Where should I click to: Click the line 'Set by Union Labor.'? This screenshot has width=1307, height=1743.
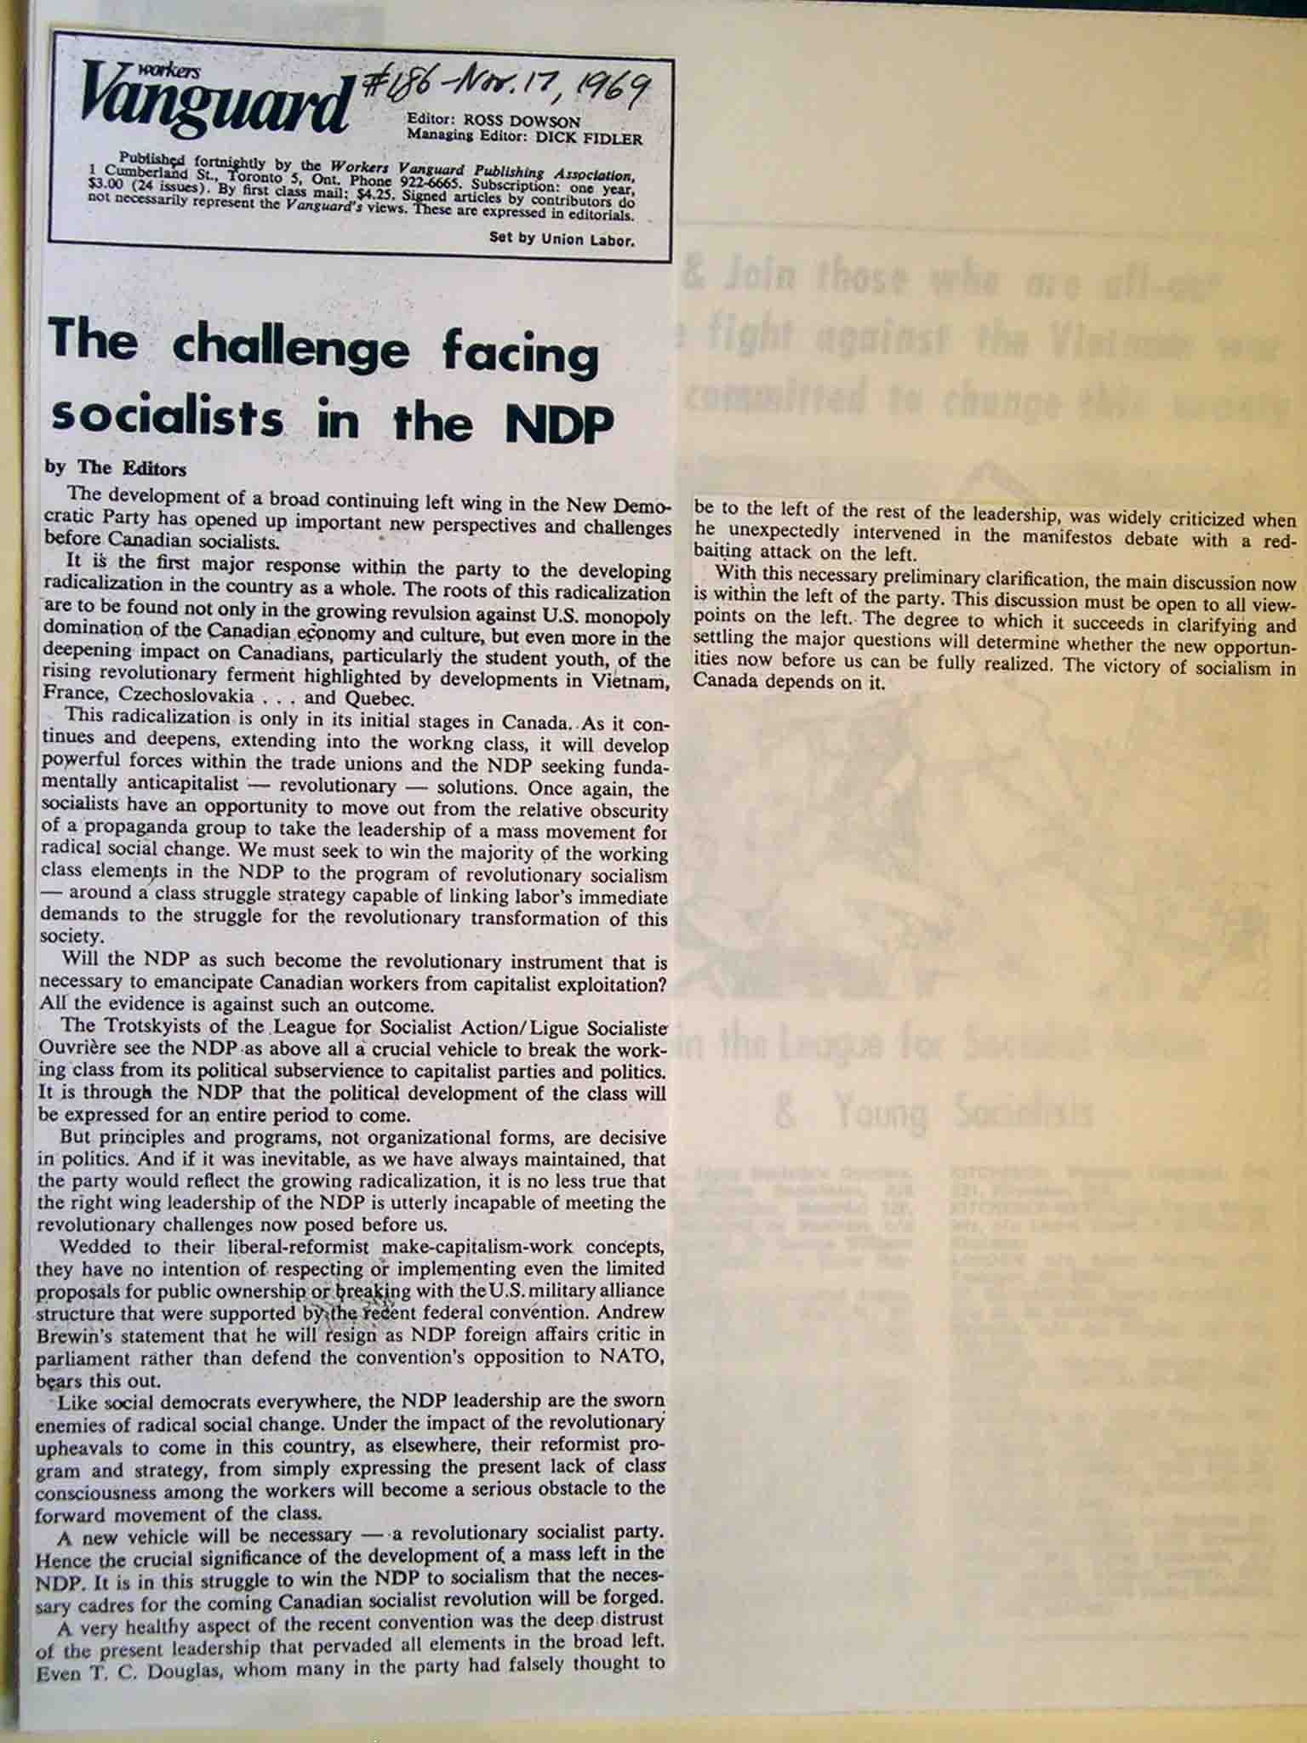[562, 239]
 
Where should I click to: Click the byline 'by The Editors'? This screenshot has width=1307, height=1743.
[115, 468]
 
